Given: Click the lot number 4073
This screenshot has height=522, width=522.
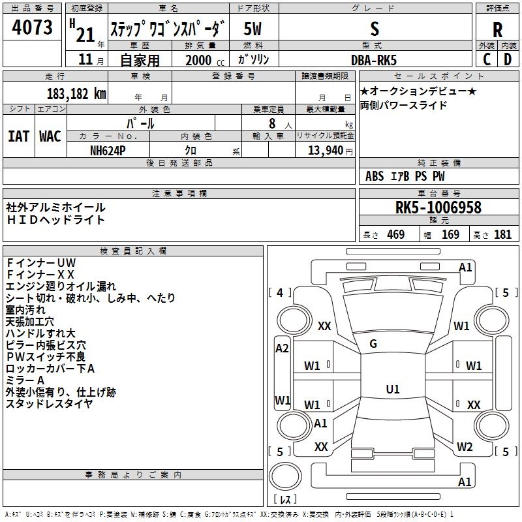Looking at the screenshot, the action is coord(32,27).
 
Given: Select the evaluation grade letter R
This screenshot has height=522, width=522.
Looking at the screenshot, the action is coord(497,30).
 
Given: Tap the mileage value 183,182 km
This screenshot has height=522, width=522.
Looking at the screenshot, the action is coord(76,94).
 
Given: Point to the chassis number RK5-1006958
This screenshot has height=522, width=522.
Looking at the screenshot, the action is coord(438,207).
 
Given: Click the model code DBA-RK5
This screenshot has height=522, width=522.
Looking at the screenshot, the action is coord(374,60).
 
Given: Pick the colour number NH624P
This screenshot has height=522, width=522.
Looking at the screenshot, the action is coord(108,151).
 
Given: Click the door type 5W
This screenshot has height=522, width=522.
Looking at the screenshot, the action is coord(253,29).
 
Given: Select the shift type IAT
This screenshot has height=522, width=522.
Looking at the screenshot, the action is coord(19,136).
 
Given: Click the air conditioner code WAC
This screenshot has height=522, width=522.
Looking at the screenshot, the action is coord(50,136).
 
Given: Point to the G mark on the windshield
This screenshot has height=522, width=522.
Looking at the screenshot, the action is coord(373,344).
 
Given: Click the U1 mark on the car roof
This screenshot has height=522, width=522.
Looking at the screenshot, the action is coord(393,389).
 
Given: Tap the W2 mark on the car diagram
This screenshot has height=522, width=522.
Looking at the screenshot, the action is coord(465,446).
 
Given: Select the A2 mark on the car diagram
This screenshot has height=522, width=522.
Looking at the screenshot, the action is coord(282,348).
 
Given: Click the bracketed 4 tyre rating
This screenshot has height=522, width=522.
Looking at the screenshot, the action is coord(280,292).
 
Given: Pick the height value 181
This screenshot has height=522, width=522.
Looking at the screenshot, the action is coord(502,234).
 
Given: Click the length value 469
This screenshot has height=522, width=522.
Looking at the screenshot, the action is coord(396,234).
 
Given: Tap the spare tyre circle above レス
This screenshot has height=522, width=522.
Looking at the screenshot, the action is coord(285,476).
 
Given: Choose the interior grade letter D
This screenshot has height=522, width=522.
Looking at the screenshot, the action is coord(508,59).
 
